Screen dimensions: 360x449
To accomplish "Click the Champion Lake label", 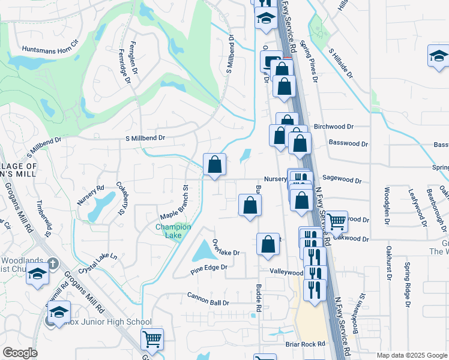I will (x=173, y=231).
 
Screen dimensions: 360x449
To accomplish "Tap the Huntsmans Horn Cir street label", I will (x=50, y=49).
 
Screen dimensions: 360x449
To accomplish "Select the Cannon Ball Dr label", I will (x=208, y=299).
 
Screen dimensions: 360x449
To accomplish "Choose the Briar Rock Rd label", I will (x=305, y=344).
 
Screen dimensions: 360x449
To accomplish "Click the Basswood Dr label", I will (x=348, y=144).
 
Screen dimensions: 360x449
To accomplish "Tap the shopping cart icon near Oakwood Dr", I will (x=336, y=221).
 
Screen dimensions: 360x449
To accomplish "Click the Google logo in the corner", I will (x=20, y=353).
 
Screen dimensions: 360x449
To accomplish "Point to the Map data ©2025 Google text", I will (x=412, y=355).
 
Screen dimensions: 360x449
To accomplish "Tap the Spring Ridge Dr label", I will (x=407, y=286).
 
